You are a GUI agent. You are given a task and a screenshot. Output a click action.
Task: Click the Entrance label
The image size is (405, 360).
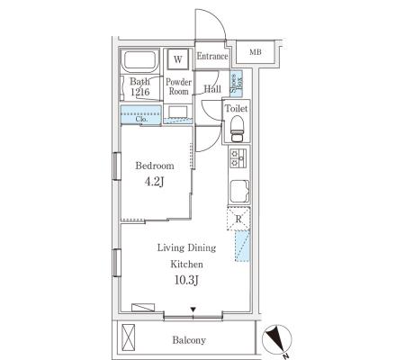pyautogui.click(x=212, y=56)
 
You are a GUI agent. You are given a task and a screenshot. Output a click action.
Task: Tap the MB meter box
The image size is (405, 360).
pyautogui.click(x=256, y=52)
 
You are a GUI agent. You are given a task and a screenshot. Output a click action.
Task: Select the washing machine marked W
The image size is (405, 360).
pyautogui.click(x=178, y=59)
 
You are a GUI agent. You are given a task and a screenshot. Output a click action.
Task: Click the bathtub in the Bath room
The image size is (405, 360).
pyautogui.click(x=139, y=61)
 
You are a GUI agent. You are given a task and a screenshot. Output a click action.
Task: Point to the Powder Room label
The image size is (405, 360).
pyautogui.click(x=178, y=86)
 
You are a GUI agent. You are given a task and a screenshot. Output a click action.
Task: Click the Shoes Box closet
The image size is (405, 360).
pyautogui.click(x=236, y=83)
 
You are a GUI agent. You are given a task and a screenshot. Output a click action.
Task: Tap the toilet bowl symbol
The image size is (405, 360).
pyautogui.click(x=238, y=129)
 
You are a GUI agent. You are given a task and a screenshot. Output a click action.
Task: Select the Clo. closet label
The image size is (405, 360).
pyautogui.click(x=141, y=119)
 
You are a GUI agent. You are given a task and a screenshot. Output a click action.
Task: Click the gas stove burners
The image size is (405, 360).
pyautogui.click(x=238, y=158)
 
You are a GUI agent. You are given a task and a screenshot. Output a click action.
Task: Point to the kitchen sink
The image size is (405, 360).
pyautogui.click(x=239, y=192)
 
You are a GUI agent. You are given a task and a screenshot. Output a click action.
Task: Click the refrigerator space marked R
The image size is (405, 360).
pyautogui.click(x=238, y=219)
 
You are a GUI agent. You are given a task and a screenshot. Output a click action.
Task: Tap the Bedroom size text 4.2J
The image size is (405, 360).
pyautogui.click(x=154, y=182)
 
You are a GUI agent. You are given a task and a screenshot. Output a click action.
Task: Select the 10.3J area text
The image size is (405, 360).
pyautogui.click(x=186, y=281)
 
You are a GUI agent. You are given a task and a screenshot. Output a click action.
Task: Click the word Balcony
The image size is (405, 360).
pyautogui.click(x=189, y=340)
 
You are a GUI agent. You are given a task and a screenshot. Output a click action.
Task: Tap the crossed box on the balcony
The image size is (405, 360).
pyautogui.click(x=128, y=337)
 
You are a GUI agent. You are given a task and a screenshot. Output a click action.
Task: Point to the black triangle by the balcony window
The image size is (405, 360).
pyautogui.click(x=193, y=310)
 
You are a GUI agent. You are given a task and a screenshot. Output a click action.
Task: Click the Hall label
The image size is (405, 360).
pyautogui.click(x=212, y=89)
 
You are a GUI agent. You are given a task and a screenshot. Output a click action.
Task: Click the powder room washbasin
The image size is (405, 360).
pyautogui.click(x=178, y=112)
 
